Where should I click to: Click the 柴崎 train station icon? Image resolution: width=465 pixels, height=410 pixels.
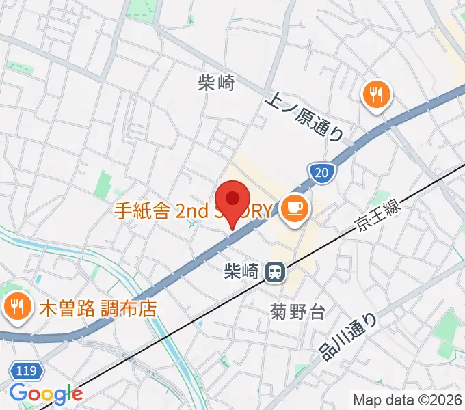pyautogui.click(x=276, y=272)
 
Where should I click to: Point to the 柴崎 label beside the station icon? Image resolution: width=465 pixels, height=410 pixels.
pyautogui.click(x=240, y=272)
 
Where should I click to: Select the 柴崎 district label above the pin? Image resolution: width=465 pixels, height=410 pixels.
pyautogui.click(x=216, y=83)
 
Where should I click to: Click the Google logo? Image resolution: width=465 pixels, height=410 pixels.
pyautogui.click(x=46, y=394)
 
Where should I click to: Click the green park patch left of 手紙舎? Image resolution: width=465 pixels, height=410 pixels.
pyautogui.click(x=103, y=183)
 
